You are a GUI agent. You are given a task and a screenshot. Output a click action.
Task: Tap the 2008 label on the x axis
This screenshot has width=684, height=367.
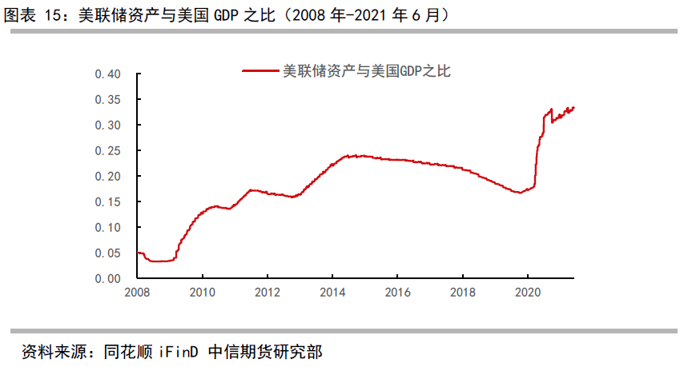[138, 293]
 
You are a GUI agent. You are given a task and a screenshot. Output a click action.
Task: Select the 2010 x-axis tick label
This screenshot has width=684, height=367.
[203, 293]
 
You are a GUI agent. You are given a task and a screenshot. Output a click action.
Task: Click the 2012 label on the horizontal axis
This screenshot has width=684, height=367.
[268, 293]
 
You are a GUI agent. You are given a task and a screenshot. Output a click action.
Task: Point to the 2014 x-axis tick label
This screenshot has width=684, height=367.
[332, 293]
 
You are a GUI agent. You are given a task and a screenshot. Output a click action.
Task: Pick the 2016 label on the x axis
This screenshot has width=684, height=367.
[397, 293]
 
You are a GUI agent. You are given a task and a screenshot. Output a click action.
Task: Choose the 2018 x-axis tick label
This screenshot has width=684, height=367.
[462, 293]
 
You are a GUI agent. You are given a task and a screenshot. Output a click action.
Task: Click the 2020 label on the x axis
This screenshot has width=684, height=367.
[527, 293]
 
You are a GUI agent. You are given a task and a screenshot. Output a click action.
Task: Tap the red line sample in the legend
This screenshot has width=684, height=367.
[260, 71]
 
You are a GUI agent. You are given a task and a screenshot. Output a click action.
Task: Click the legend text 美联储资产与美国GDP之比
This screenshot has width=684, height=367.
[367, 71]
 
